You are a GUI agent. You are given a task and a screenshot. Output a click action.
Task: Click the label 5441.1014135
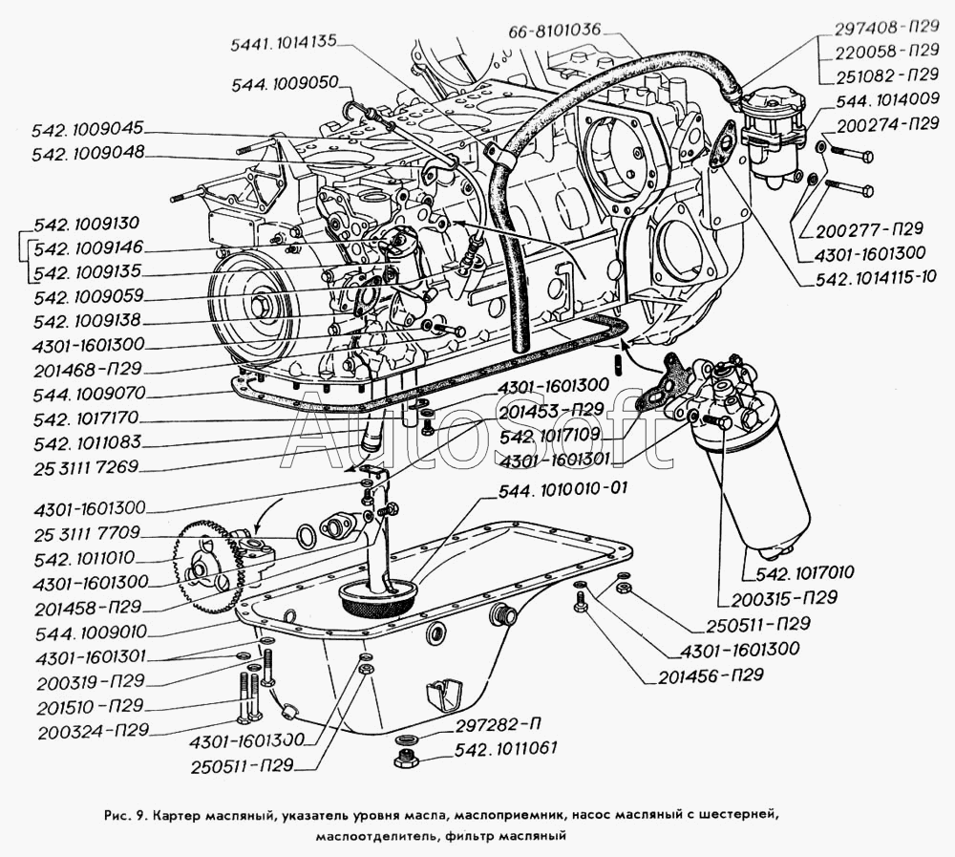click(x=284, y=42)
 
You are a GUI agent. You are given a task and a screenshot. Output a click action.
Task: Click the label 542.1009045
click(x=87, y=128)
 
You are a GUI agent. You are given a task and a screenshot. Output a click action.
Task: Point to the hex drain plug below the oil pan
click(x=404, y=760)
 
